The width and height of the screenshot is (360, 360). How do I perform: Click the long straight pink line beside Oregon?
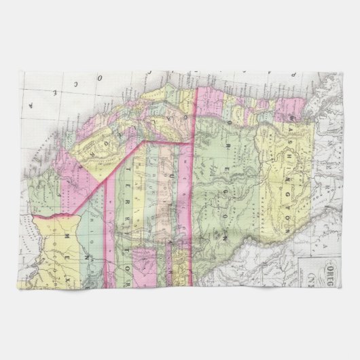click(x=196, y=170)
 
